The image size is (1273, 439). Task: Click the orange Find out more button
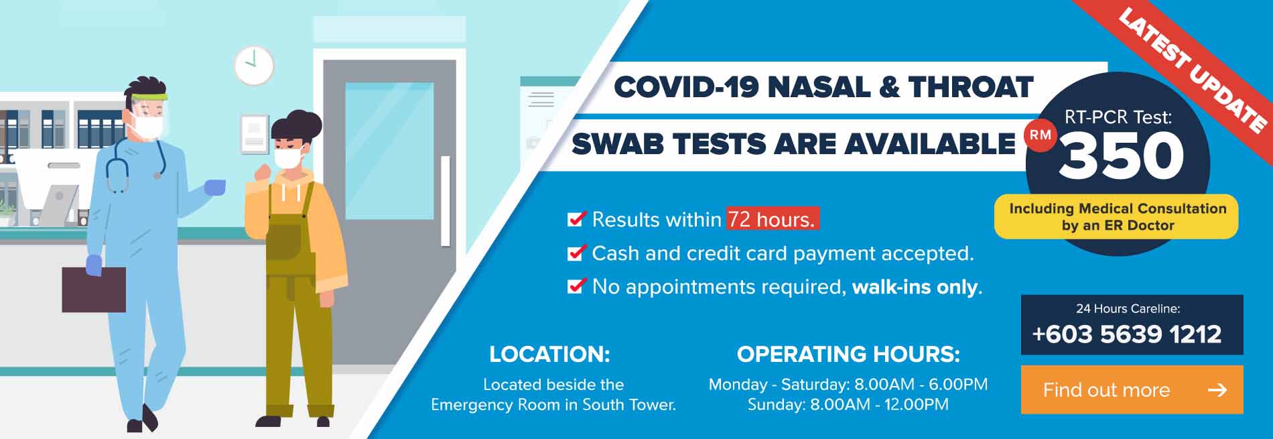(1132, 389)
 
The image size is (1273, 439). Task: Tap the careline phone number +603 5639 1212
(1127, 334)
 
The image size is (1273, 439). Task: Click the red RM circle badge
(1041, 135)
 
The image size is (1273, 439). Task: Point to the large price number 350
(1122, 155)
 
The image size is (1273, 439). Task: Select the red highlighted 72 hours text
(773, 219)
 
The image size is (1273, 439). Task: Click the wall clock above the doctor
(254, 66)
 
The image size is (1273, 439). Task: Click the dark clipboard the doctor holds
(94, 290)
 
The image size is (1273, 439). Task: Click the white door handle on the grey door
(445, 201)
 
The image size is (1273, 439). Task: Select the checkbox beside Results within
(576, 218)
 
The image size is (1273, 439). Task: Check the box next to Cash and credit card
(576, 253)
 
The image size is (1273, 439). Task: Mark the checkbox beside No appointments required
(576, 286)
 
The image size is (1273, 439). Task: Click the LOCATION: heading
(549, 354)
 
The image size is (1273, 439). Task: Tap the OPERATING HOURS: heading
(848, 354)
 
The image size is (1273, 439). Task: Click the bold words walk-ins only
(915, 287)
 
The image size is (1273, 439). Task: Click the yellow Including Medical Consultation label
(1116, 216)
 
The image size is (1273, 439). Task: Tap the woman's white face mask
(289, 158)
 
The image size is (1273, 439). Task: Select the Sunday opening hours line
(848, 405)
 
